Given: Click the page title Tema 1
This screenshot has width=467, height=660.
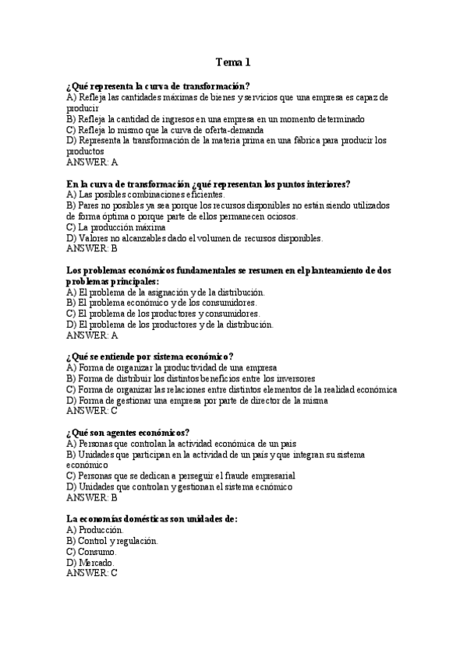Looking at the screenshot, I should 233,61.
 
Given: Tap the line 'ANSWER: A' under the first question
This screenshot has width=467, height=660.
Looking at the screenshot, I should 93,163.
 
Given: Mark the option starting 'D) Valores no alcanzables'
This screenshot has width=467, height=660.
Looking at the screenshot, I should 195,238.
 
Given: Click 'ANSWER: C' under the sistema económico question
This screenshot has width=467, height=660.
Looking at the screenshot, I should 93,411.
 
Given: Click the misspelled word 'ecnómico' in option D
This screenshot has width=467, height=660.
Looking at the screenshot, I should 274,486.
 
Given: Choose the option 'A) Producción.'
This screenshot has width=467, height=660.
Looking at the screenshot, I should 95,529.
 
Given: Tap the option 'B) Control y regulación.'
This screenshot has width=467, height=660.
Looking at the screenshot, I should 112,540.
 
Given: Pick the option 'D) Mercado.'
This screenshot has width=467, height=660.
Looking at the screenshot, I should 90,562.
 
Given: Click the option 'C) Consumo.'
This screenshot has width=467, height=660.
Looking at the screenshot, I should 92,551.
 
